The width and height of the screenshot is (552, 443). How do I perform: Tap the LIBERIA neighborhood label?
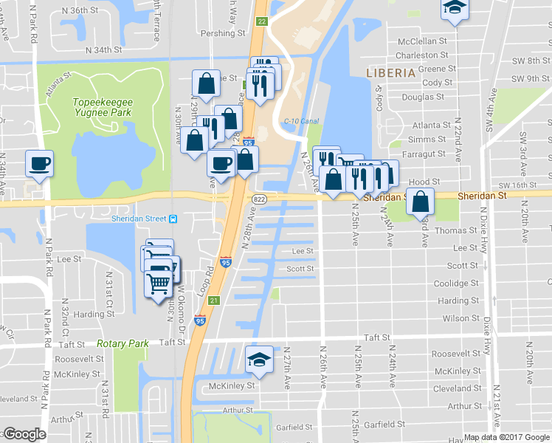click(391, 72)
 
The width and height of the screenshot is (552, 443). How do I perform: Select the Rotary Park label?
click(123, 343)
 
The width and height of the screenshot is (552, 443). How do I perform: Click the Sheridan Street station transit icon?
click(173, 219)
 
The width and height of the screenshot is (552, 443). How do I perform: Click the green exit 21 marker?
click(213, 300)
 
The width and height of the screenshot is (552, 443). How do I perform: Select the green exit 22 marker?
click(262, 22)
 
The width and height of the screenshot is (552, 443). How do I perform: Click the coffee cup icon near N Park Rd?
click(39, 163)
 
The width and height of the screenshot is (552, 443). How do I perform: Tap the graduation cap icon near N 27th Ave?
click(258, 360)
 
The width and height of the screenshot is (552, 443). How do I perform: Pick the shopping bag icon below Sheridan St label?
click(420, 201)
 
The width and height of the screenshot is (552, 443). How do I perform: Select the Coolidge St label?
click(457, 283)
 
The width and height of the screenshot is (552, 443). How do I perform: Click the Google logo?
click(24, 434)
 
